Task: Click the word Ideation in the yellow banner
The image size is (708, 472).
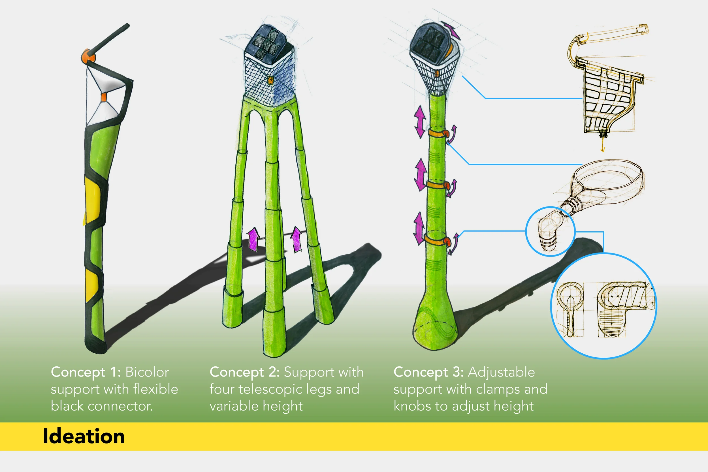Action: point(84,436)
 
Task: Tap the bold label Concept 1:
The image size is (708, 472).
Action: point(86,372)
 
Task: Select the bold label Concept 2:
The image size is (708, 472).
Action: point(244,372)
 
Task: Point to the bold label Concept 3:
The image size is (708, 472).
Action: point(428,372)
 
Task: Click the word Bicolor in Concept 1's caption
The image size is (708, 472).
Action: point(147,372)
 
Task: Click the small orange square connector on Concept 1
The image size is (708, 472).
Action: point(104,97)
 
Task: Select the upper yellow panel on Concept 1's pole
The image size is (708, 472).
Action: point(92,200)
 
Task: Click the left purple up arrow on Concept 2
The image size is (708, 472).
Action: point(253,239)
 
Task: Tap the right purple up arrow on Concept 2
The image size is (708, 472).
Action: point(297,239)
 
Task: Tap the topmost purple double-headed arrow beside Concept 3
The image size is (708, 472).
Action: point(420,122)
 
